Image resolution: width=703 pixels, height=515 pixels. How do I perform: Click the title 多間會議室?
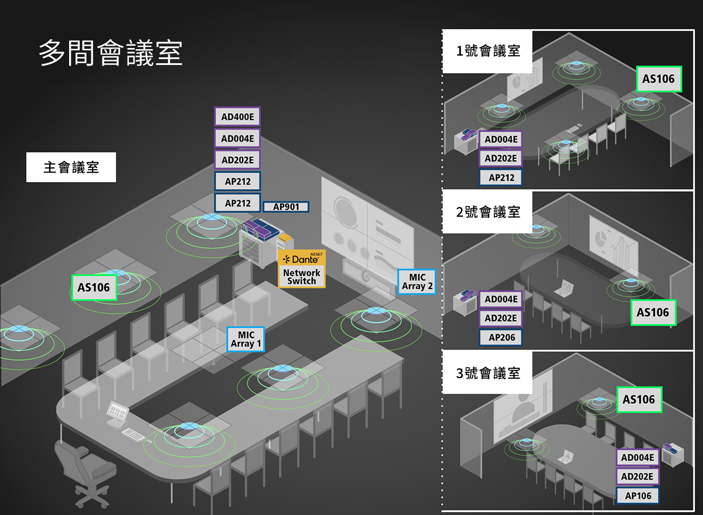[111, 53]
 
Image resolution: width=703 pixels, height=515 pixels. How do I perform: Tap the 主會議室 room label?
[71, 168]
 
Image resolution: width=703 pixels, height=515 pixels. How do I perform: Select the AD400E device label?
[237, 117]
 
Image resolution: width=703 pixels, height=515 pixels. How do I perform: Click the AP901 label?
[286, 207]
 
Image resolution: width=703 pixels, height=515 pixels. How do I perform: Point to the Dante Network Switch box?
[301, 269]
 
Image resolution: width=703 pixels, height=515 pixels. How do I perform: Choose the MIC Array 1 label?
[245, 339]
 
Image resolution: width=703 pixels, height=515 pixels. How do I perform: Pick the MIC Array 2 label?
[417, 282]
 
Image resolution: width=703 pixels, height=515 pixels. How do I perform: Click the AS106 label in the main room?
[94, 288]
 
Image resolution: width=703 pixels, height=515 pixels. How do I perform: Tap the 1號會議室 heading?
[487, 51]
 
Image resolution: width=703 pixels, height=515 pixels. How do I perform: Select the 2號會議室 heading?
[487, 212]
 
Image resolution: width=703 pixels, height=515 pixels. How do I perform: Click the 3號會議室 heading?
[487, 373]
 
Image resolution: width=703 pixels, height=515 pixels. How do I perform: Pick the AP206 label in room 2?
[501, 337]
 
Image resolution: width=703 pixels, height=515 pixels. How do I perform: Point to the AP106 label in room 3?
[637, 496]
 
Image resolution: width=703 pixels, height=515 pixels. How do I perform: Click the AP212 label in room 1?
[501, 177]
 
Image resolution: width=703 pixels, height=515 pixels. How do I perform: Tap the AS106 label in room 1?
[658, 79]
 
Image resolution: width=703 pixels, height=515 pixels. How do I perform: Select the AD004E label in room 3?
[637, 457]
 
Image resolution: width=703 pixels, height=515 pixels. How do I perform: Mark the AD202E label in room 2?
[501, 318]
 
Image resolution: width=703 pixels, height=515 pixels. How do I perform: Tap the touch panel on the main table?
[117, 411]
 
